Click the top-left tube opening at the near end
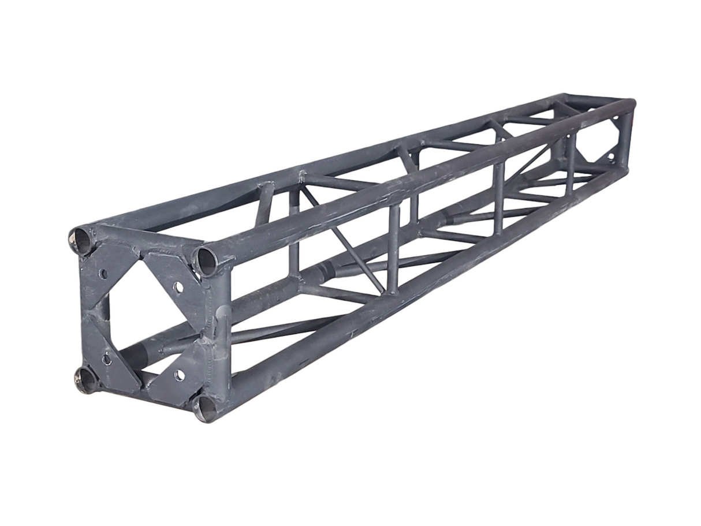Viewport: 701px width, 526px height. pos(81,240)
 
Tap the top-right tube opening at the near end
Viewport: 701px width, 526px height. pos(206,261)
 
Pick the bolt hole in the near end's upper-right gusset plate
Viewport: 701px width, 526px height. pos(178,286)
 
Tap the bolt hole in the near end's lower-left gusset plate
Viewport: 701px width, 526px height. pos(107,359)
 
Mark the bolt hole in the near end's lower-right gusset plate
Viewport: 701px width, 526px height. pos(180,375)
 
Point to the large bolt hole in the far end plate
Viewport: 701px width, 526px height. pos(611,156)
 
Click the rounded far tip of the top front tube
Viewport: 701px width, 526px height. pos(632,104)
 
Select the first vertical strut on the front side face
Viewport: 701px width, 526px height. pos(393,248)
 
